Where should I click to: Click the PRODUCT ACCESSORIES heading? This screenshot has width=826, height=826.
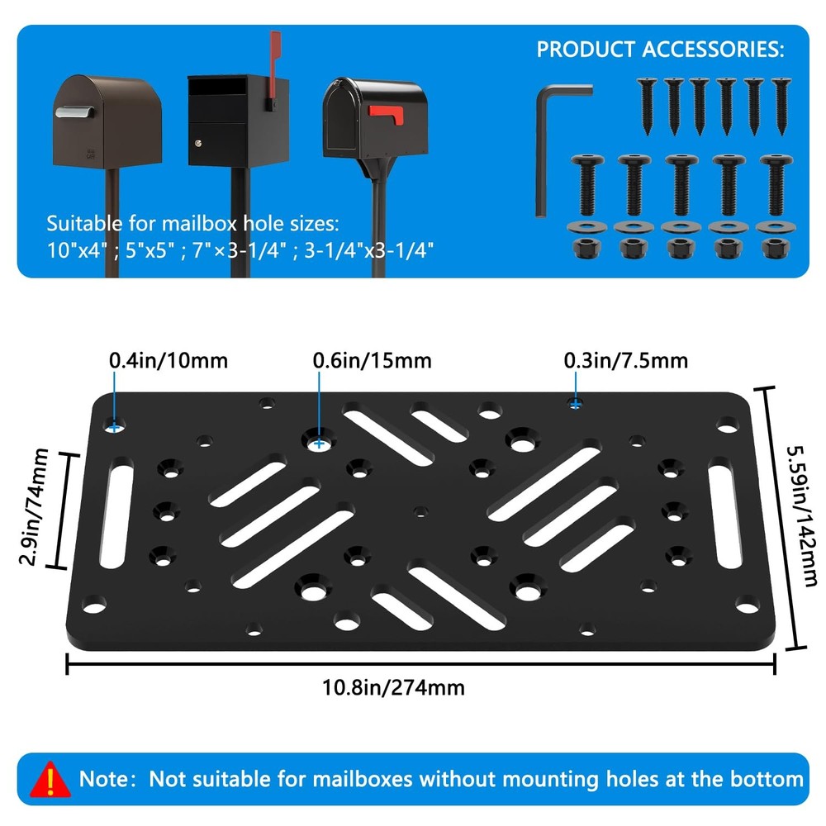click(x=660, y=50)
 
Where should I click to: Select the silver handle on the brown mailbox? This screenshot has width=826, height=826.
click(x=75, y=112)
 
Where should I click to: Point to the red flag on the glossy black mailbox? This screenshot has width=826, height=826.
click(x=385, y=114)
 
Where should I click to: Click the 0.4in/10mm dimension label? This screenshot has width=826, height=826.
click(x=169, y=361)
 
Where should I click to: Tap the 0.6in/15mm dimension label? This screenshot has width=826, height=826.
click(x=372, y=361)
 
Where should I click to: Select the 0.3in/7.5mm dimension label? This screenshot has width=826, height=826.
click(x=626, y=361)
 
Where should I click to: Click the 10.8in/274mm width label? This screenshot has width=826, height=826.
click(x=393, y=687)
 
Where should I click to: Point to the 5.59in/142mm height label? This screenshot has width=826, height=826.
click(x=801, y=515)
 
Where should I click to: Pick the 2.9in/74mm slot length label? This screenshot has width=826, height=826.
click(x=34, y=506)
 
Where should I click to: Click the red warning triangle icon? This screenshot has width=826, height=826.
click(x=50, y=779)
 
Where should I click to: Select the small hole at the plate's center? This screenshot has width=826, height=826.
click(x=420, y=511)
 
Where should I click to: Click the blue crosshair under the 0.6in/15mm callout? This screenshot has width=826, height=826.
click(x=319, y=444)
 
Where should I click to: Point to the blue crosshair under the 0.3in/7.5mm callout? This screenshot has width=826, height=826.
click(x=575, y=405)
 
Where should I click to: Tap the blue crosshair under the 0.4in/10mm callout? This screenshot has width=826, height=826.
click(x=114, y=426)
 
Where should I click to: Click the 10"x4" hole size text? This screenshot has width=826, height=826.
click(x=77, y=250)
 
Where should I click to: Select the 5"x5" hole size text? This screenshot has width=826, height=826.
click(x=150, y=250)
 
